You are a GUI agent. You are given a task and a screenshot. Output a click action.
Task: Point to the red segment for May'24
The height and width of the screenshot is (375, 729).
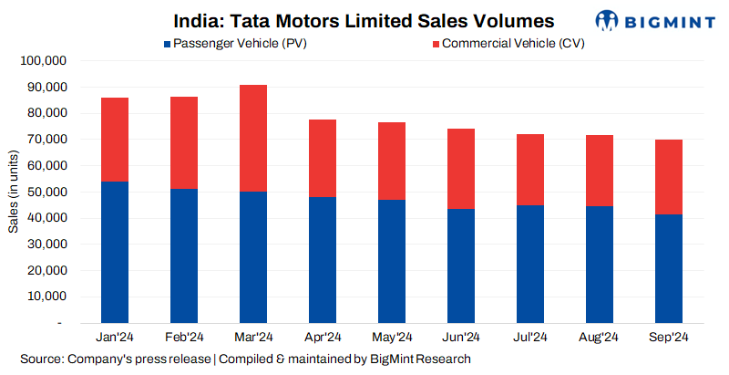click(x=391, y=161)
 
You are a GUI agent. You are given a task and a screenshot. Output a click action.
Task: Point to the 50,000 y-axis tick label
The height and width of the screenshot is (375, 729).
click(x=45, y=193)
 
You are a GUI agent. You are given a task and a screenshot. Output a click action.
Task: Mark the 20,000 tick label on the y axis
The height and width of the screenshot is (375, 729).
click(x=45, y=271)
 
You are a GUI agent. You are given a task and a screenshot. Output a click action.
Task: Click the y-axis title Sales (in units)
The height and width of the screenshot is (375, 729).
click(x=12, y=193)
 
